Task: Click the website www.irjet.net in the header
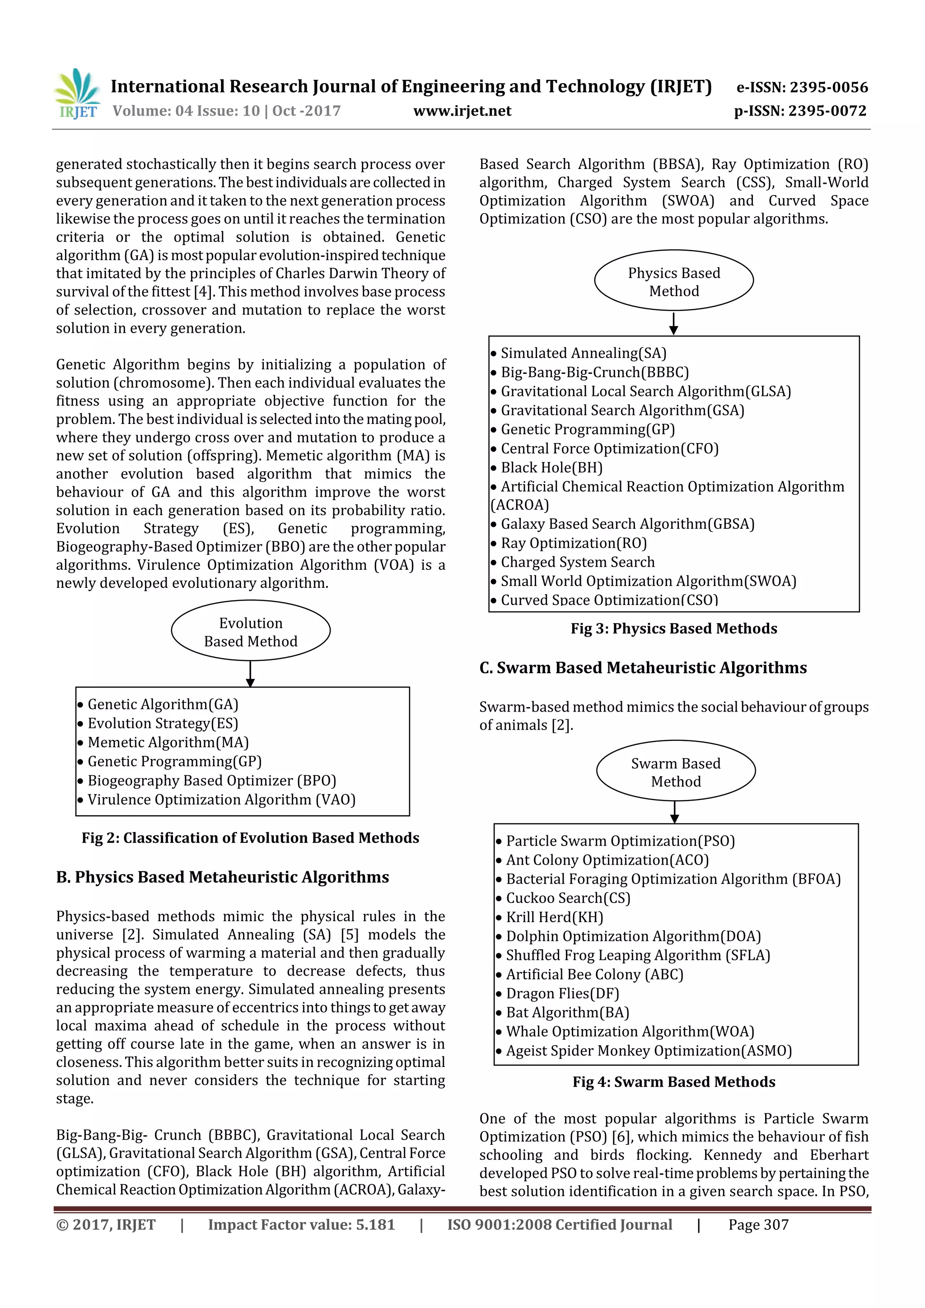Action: (x=462, y=111)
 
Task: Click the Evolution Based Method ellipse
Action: (x=250, y=631)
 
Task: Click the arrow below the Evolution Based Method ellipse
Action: (x=250, y=675)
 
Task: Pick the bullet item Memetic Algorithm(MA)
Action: (x=168, y=742)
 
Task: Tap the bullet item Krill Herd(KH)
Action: (x=554, y=917)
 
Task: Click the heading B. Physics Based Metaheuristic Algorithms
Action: (x=222, y=877)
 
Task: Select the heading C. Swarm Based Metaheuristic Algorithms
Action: (x=642, y=668)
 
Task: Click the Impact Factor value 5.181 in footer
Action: (x=301, y=1225)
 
